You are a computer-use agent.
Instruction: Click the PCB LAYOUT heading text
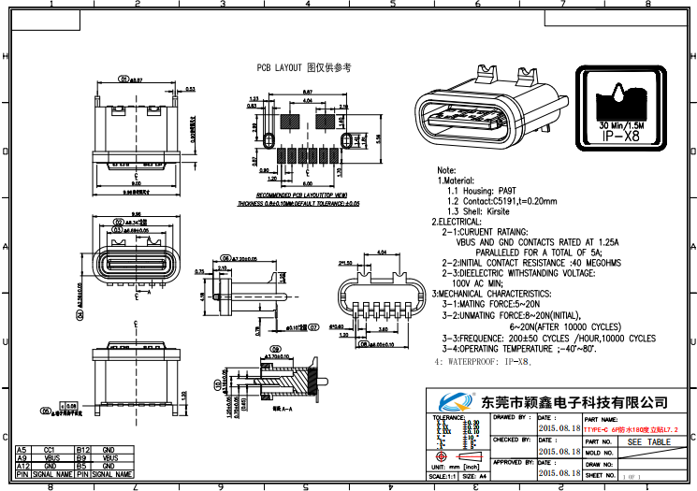click(304, 68)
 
